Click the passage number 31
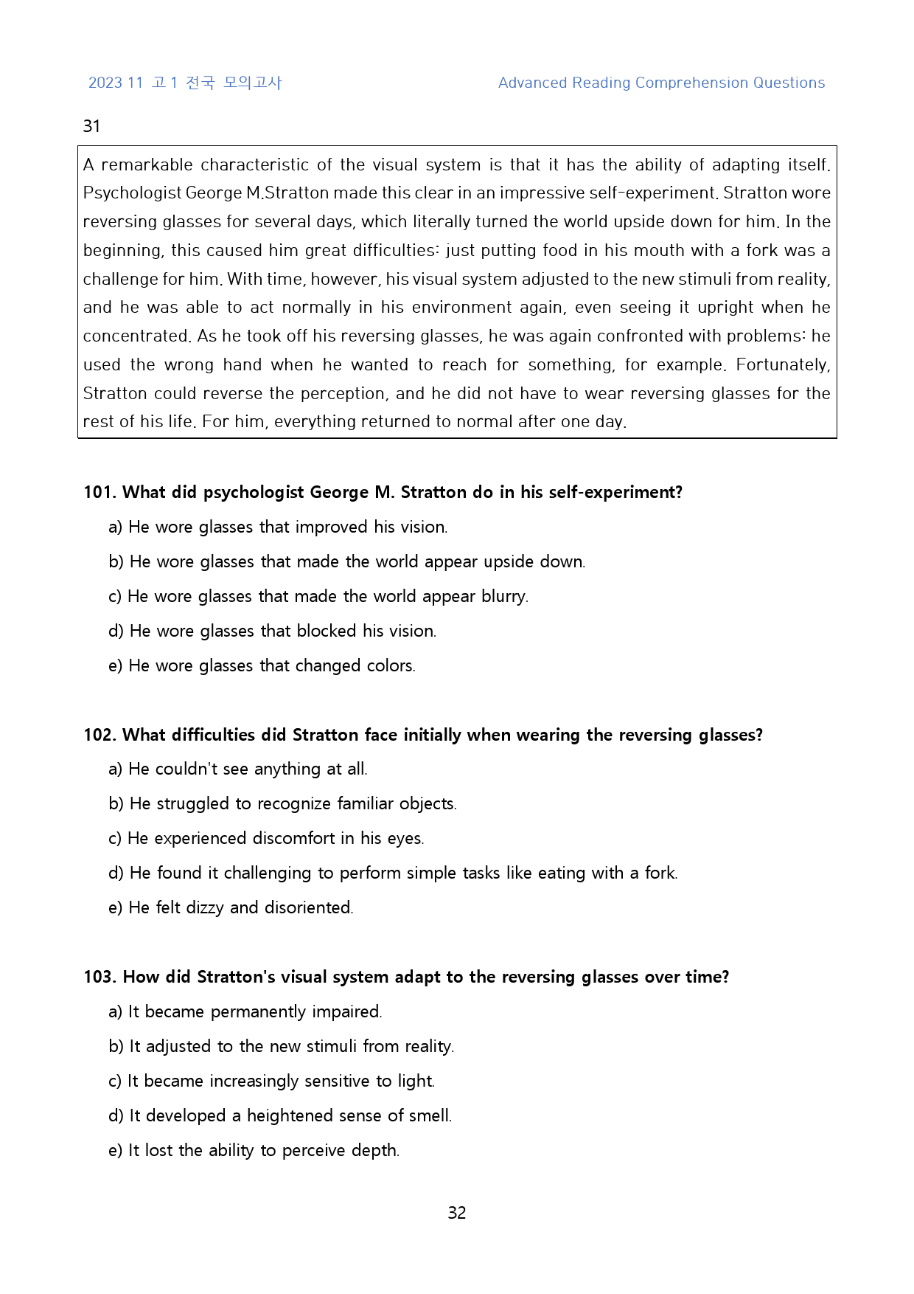coord(91,126)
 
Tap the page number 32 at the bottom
coord(456,1213)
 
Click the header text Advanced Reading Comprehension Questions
coord(661,83)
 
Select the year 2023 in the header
coord(105,83)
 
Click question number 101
coord(100,492)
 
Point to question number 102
coord(100,735)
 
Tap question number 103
coord(100,977)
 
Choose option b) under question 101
coord(346,561)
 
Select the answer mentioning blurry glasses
coord(318,596)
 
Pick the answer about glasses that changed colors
coord(262,665)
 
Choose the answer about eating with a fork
coord(393,873)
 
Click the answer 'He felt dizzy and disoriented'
coord(231,907)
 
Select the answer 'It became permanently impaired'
coord(245,1011)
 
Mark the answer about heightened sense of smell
coord(280,1115)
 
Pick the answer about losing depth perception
coord(254,1150)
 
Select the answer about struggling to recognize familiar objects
coord(283,803)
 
